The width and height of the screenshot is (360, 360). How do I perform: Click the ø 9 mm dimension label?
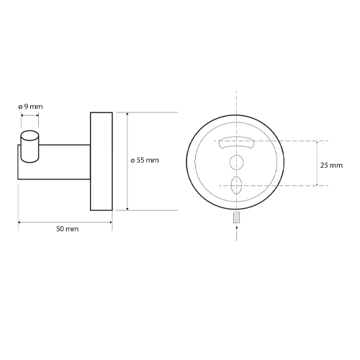30,107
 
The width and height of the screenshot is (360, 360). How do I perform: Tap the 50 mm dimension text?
68,229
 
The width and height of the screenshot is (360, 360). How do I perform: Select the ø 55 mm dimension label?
145,160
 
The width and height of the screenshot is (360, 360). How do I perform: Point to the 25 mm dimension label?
331,166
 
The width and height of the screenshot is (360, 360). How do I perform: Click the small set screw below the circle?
237,217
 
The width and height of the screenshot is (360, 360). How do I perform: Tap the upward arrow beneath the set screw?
237,232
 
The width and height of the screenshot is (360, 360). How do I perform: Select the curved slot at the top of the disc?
236,143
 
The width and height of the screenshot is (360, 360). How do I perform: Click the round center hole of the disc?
237,163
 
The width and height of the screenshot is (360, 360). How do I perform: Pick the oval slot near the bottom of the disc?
235,185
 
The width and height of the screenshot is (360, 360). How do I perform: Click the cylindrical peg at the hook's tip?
30,147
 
